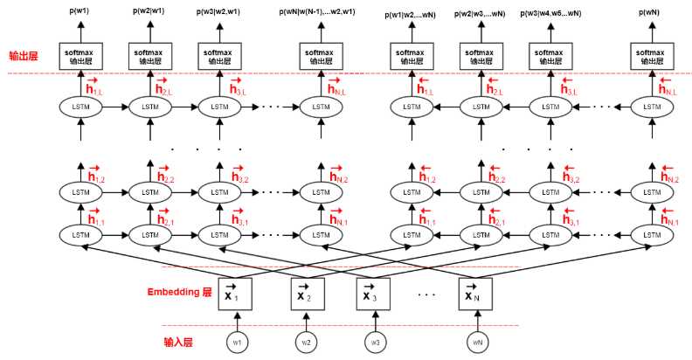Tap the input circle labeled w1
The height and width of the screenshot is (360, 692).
(x=236, y=342)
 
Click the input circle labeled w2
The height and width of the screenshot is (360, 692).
(x=306, y=342)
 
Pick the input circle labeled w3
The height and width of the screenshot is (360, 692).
(x=375, y=342)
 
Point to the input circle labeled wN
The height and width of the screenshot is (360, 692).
(x=477, y=342)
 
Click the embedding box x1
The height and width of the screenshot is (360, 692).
(x=236, y=293)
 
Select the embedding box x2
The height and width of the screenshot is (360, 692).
(x=306, y=293)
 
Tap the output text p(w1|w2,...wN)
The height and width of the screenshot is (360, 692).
(x=413, y=14)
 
